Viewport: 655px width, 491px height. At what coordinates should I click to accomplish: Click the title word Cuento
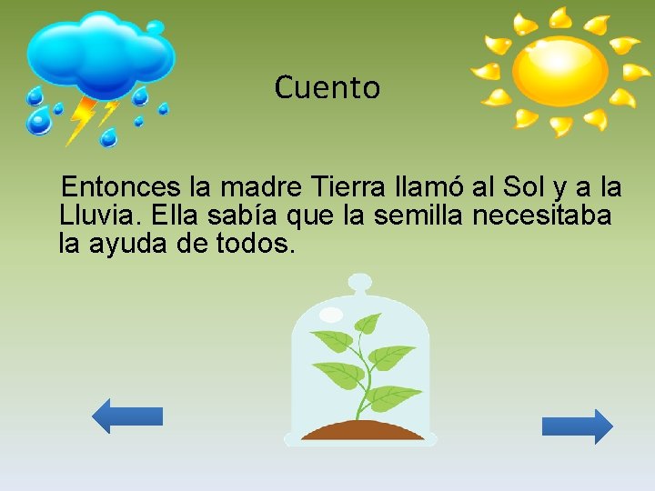click(327, 88)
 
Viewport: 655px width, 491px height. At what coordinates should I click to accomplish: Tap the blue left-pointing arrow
click(126, 416)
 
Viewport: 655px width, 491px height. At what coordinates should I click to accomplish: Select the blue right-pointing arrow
click(578, 426)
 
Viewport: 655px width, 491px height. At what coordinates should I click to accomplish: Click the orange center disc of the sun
click(559, 71)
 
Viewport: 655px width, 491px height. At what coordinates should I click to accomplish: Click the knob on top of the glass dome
click(360, 283)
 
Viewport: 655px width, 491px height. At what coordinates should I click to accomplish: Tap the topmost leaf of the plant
click(368, 324)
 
